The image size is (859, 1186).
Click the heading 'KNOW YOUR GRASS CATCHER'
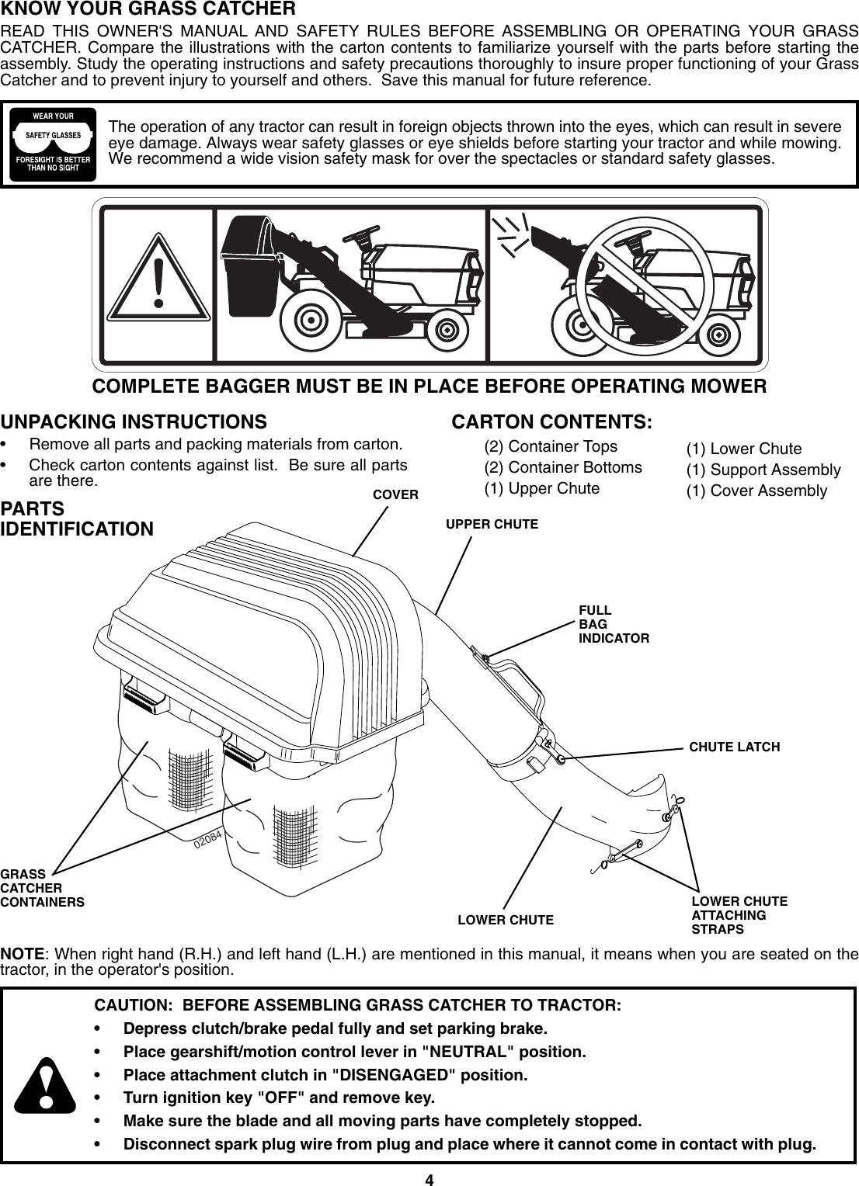148,10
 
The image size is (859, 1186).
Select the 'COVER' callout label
395,494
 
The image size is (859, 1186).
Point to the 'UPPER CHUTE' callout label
491,524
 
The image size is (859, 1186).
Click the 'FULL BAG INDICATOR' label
613,624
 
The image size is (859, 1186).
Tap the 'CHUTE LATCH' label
734,747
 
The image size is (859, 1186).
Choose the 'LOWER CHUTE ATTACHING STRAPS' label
739,915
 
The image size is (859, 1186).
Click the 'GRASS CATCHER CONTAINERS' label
42,888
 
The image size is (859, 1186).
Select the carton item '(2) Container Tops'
550,446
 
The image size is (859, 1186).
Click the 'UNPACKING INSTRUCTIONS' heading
133,422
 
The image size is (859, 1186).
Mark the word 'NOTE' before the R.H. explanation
23,953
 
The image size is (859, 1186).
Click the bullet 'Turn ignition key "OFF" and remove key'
280,1098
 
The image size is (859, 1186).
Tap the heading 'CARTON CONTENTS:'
551,422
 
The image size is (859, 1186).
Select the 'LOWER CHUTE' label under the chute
506,921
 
